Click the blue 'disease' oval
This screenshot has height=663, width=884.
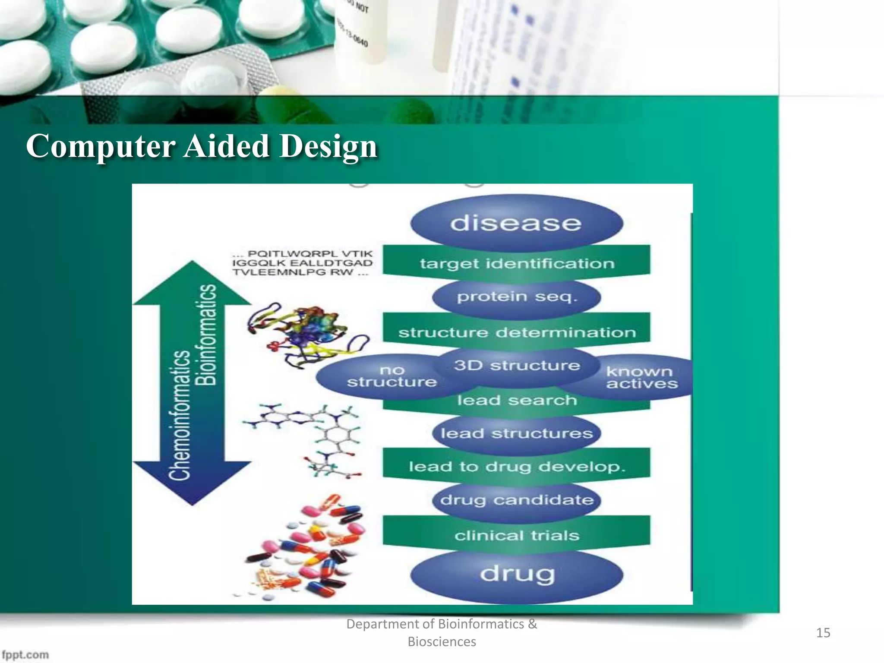(x=516, y=223)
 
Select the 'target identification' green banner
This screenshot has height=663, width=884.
(x=516, y=263)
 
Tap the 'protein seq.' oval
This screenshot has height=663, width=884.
(x=516, y=297)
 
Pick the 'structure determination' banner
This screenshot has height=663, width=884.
(x=516, y=332)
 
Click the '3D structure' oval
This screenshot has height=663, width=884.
(x=516, y=366)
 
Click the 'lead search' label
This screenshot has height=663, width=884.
(x=516, y=401)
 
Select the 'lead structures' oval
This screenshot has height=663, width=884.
(x=516, y=433)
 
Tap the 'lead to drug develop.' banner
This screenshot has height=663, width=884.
(x=516, y=467)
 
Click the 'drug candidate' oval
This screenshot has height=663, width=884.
(x=516, y=500)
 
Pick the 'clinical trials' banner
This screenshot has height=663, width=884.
(x=516, y=536)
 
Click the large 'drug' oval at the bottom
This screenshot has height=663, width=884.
(x=516, y=574)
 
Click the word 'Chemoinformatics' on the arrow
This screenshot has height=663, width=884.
(x=179, y=414)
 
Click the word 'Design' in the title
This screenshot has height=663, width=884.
(x=328, y=147)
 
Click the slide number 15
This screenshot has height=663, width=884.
(x=823, y=633)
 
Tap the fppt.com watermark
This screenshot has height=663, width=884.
(x=25, y=654)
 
